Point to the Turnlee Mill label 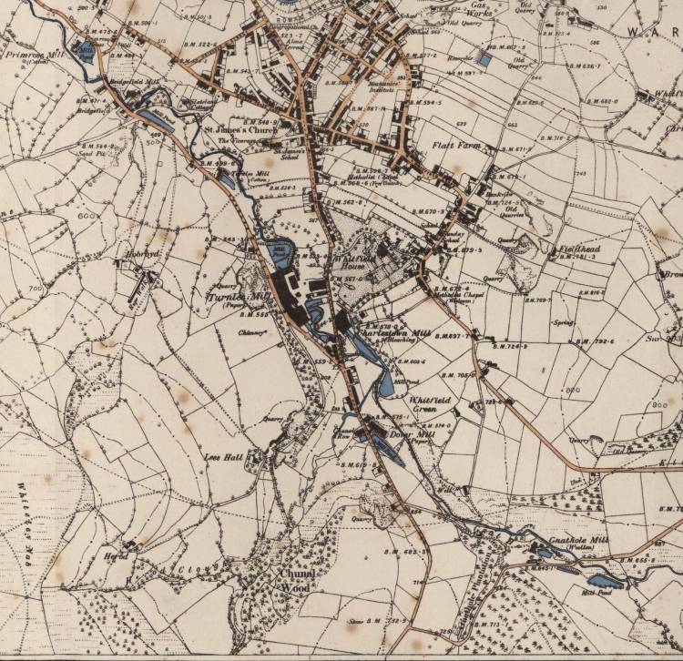[236, 298]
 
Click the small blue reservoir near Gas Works [485, 60]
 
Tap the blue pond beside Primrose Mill [87, 51]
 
